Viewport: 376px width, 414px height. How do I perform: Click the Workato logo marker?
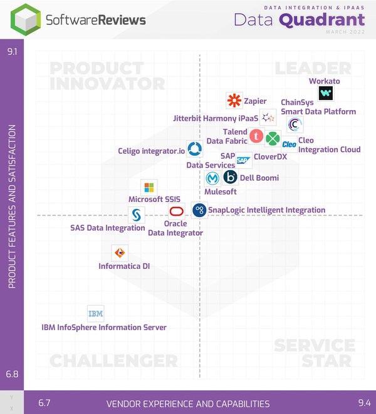(326, 94)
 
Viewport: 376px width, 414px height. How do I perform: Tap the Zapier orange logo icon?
(234, 100)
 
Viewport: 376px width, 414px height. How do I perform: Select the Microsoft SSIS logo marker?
(149, 187)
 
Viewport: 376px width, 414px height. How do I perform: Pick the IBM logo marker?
(96, 313)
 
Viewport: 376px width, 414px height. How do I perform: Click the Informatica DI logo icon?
(119, 253)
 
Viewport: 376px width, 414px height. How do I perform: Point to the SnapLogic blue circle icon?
(199, 210)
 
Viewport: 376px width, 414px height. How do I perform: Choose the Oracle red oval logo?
(176, 210)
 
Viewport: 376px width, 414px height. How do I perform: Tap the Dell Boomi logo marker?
(230, 177)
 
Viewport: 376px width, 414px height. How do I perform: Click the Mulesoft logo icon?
(213, 178)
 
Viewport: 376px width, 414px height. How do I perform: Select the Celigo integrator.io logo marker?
(194, 149)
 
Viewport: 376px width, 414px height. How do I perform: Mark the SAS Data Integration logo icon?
(136, 216)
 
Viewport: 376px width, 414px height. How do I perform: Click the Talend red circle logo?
(256, 136)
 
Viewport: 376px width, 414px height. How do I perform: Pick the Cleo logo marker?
(289, 144)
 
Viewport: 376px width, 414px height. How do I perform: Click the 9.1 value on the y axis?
(12, 52)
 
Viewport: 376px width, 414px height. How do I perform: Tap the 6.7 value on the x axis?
(44, 403)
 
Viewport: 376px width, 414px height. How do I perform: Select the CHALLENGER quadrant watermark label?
(113, 361)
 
